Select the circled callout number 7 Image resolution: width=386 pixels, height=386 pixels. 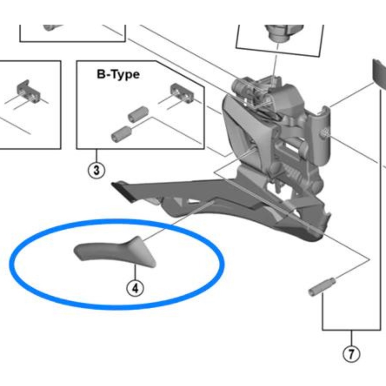[351, 354]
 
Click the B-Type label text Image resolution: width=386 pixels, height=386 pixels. [118, 74]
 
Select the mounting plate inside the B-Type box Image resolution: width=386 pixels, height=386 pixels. [182, 93]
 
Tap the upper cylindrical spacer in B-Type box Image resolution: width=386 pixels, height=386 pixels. [138, 114]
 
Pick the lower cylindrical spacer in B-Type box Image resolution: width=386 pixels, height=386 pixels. [121, 133]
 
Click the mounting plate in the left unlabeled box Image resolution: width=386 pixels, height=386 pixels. [29, 92]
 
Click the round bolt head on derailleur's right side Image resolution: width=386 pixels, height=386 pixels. [323, 133]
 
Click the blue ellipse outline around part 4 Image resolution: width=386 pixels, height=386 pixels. [117, 222]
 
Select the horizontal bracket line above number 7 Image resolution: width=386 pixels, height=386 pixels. [351, 330]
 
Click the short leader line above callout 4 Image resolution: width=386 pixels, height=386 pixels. [135, 273]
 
